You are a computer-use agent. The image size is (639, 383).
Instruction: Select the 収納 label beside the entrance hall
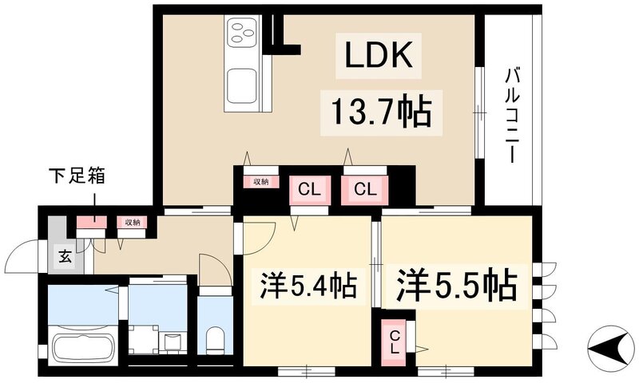130,223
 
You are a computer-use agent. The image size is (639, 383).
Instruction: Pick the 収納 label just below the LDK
260,182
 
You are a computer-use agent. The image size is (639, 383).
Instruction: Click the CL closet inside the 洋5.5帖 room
395,344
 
